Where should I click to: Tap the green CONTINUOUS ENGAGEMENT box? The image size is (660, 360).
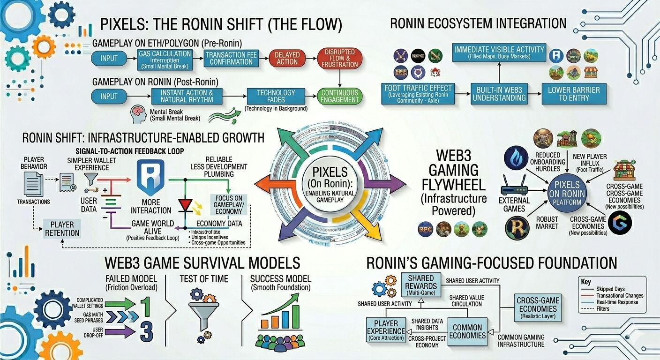pos(340,96)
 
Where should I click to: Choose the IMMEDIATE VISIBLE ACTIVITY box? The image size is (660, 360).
pos(500,52)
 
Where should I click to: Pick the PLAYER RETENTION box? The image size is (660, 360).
pos(65,228)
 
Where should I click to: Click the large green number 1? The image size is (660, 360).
pos(146,306)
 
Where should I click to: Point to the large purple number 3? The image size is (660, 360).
pos(146,331)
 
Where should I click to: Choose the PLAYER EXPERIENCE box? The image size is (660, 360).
pos(386,327)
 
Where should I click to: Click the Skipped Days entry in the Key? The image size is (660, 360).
pos(610,289)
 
